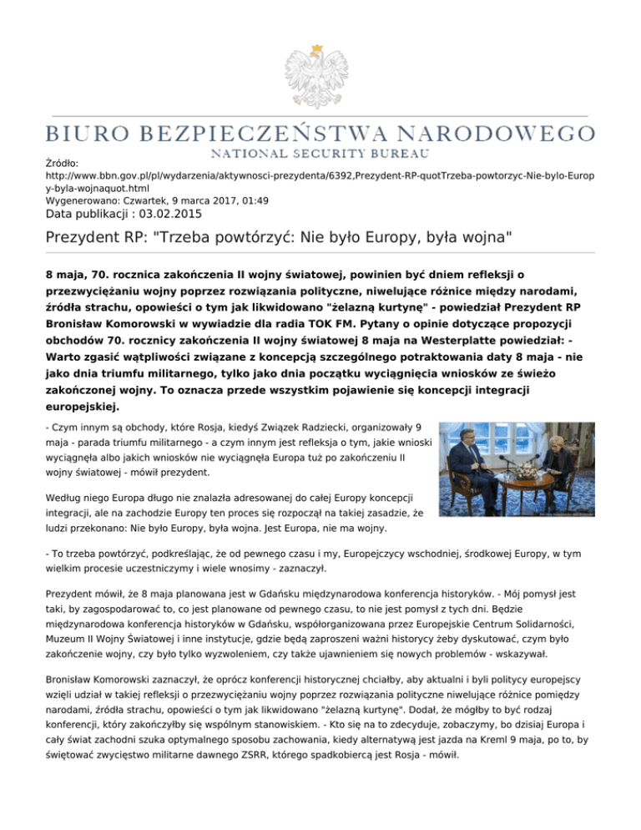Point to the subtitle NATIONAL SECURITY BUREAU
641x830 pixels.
tap(320, 154)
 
